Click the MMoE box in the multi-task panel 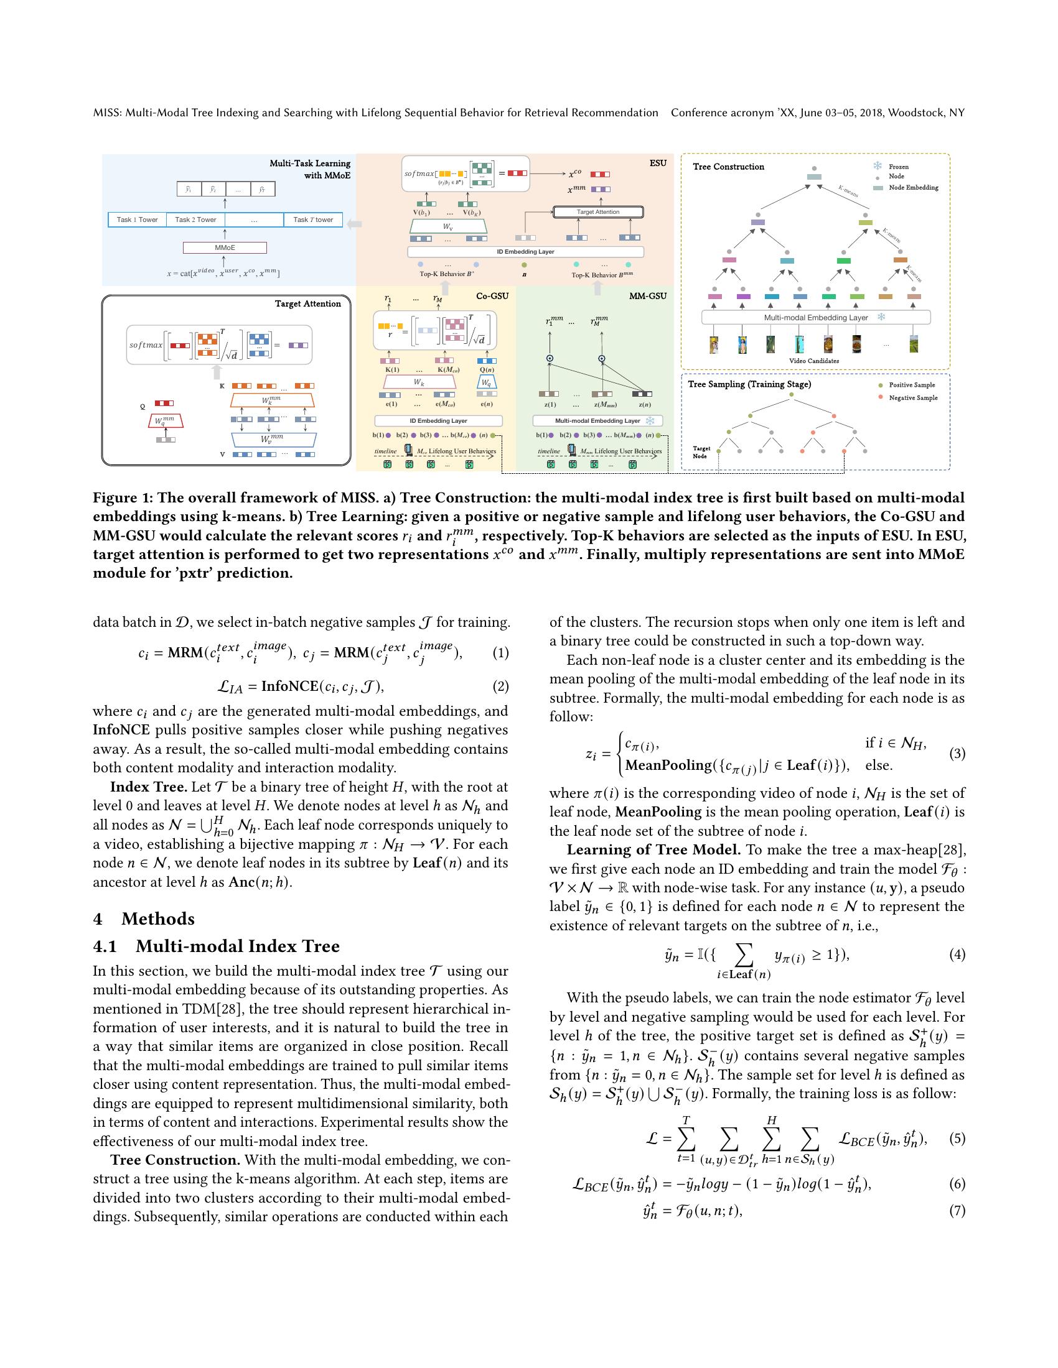225,248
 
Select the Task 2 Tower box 195,220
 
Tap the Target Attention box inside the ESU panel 598,212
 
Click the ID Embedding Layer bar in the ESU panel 525,252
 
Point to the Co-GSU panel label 492,295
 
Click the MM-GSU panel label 647,295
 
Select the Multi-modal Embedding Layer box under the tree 815,318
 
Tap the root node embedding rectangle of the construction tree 813,177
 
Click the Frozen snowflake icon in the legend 878,166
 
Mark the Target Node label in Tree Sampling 701,452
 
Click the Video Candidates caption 813,361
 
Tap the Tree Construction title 728,167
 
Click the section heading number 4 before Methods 98,919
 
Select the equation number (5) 957,1138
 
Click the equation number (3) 957,754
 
